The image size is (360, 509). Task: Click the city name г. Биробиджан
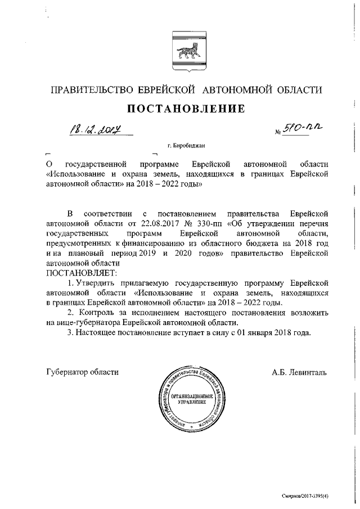tap(186, 146)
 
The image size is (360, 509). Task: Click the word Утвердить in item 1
tap(95, 282)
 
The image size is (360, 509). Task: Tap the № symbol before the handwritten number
tap(278, 133)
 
